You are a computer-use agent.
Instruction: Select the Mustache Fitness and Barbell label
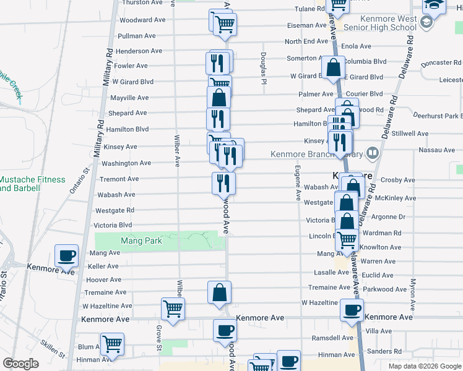(32, 184)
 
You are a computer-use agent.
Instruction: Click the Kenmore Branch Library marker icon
(373, 152)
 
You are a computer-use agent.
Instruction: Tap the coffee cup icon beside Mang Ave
(67, 255)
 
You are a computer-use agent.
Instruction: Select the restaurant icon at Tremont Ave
(223, 183)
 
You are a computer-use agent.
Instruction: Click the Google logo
(20, 364)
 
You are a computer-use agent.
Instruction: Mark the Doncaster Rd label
(441, 63)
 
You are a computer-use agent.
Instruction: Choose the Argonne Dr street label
(389, 217)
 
